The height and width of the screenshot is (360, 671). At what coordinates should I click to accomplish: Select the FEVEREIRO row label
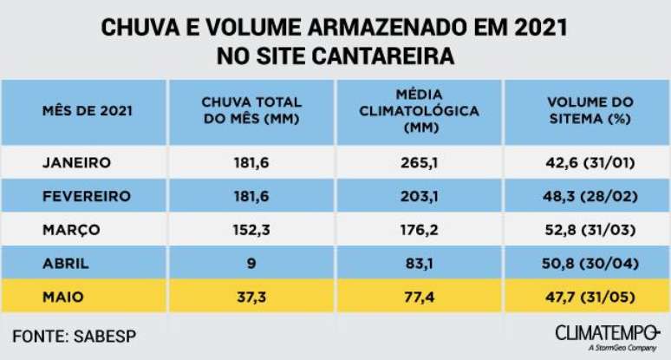(x=87, y=196)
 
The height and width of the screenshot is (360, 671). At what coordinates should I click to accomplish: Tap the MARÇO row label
(x=71, y=230)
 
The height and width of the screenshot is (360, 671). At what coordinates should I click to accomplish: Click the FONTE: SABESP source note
(x=75, y=334)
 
